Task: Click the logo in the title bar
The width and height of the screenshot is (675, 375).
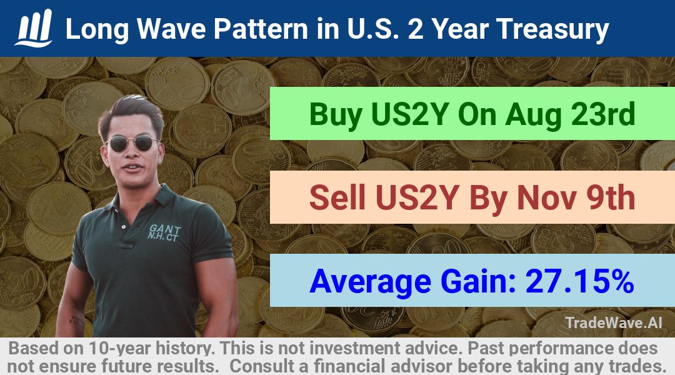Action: (34, 28)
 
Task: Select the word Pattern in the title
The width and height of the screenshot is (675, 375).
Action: (261, 29)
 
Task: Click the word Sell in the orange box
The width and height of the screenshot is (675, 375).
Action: (337, 197)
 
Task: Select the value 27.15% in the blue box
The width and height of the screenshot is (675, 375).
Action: (579, 281)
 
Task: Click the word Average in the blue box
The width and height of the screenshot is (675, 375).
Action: (370, 282)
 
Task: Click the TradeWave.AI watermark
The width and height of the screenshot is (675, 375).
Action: (614, 322)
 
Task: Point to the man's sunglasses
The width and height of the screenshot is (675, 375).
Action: (132, 143)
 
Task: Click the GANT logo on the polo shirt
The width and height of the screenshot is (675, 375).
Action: (164, 232)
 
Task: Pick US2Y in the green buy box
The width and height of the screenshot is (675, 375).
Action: (409, 114)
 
